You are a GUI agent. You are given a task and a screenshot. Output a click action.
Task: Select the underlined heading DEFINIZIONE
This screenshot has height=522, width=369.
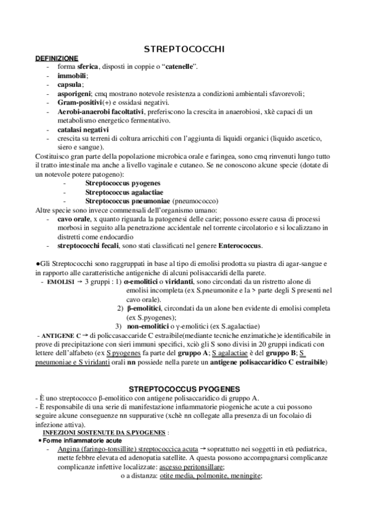tap(57, 57)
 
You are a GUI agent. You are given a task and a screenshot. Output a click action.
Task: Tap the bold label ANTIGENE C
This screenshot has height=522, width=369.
tap(57, 335)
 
